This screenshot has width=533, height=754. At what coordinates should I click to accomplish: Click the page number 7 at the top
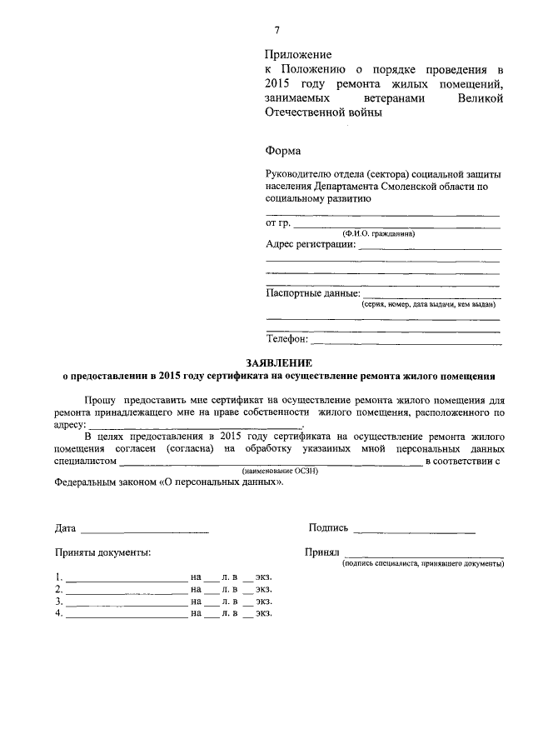point(276,31)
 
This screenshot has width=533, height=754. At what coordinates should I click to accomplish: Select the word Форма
point(282,151)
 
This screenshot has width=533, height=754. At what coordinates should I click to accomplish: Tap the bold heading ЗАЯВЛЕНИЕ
point(279,362)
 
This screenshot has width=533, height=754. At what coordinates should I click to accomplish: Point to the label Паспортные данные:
point(313,293)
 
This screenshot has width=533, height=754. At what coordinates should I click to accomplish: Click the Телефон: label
point(287,339)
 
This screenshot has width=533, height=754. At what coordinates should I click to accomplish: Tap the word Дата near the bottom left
point(66,528)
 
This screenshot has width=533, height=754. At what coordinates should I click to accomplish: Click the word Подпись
point(328,527)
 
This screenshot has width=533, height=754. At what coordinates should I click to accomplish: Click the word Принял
point(321,552)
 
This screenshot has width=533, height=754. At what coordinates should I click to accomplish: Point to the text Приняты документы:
point(103,552)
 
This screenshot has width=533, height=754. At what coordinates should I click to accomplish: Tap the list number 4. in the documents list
point(59,613)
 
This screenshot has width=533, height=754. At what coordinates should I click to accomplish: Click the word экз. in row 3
point(264,601)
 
